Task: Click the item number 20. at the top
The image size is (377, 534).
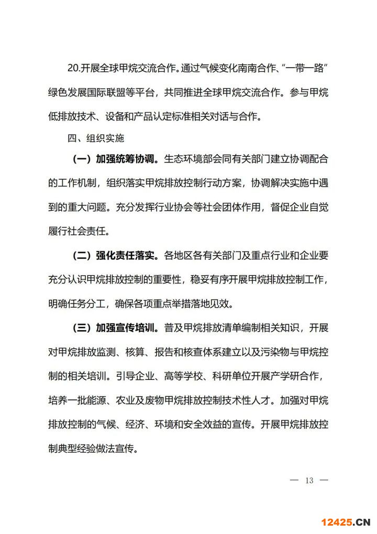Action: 74,68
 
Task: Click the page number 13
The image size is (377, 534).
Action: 308,481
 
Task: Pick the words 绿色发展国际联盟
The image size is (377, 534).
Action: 88,92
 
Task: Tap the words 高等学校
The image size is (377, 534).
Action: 203,377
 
